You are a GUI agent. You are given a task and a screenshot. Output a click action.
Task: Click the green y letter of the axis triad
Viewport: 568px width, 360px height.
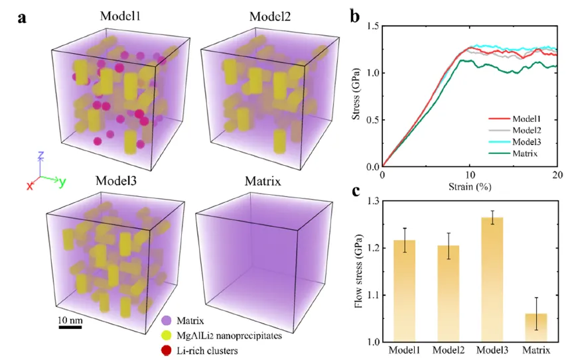click(x=62, y=182)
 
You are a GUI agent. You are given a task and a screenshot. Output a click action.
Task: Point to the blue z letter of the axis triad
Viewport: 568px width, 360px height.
click(x=40, y=156)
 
